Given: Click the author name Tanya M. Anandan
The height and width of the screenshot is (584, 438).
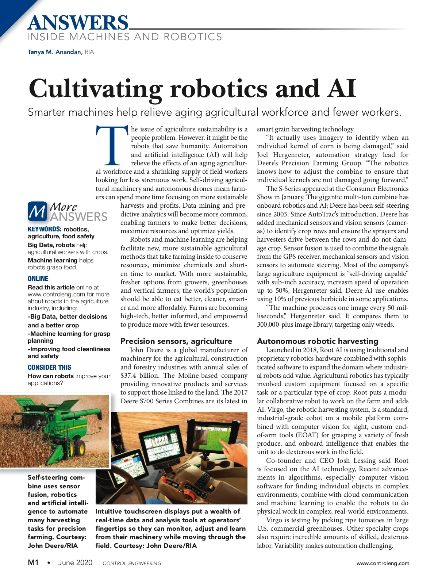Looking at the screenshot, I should (x=55, y=52).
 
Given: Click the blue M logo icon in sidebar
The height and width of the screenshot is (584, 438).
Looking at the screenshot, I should (x=37, y=212).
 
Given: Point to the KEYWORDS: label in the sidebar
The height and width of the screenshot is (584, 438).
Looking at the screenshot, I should (x=45, y=229).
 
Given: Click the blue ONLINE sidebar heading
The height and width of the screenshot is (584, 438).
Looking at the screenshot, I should (x=38, y=279).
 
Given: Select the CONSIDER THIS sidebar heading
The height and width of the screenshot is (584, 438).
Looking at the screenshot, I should (x=49, y=368).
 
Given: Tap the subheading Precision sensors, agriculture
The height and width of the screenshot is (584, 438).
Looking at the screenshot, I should (x=176, y=341).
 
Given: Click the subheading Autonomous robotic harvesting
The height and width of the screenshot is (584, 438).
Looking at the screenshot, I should (x=318, y=341).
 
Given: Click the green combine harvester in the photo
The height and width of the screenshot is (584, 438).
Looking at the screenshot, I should (x=55, y=431).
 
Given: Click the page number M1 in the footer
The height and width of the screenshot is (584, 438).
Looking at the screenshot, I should (x=33, y=562).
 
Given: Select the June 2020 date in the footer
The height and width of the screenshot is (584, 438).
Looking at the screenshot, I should (x=75, y=563).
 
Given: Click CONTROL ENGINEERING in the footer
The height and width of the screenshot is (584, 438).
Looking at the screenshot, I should (x=132, y=563).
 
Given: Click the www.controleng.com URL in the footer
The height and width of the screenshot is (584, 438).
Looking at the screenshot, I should (x=383, y=563).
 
